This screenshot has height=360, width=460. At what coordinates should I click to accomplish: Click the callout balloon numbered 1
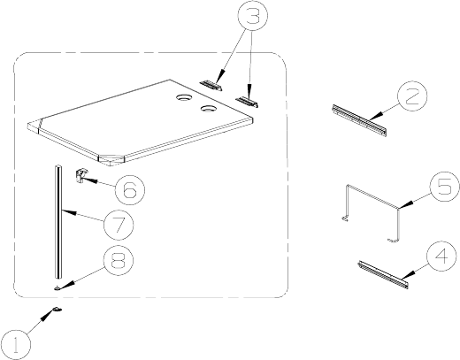pos(16,345)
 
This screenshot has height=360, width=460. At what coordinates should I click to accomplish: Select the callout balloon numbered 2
pos(412,96)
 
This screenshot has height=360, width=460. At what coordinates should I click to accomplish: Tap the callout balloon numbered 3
pos(253,15)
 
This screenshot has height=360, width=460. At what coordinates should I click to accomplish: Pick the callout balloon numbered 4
pos(441,256)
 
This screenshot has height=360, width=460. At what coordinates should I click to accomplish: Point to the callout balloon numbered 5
pos(445,187)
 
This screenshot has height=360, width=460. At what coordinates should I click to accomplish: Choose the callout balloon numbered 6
pos(130,189)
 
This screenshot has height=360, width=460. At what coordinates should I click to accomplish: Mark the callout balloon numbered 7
pos(119,225)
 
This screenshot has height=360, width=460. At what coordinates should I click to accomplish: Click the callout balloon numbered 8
pos(119,260)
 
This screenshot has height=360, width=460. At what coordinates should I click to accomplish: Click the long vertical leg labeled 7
pos(58,222)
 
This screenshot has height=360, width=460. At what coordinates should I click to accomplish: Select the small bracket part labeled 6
pos(80,176)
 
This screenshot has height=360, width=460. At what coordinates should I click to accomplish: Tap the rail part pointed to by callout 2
pos(359,120)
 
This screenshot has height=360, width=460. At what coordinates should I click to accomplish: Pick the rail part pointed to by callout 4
pos(384,274)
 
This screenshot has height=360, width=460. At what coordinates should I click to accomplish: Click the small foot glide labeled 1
pos(57,309)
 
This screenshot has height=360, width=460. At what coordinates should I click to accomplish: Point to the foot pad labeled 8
pos(57,287)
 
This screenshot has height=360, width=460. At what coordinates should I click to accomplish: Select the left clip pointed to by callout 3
pos(211,85)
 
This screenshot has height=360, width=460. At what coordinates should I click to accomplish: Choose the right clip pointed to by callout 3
pos(247,102)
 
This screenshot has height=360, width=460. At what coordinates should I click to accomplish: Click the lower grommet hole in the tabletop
pos(209,109)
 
